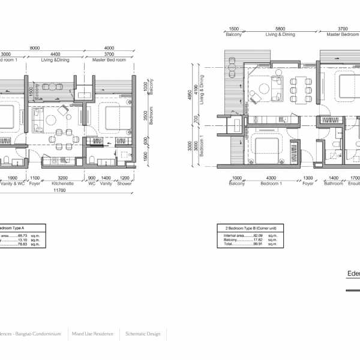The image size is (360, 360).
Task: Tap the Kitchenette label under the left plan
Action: pyautogui.click(x=62, y=184)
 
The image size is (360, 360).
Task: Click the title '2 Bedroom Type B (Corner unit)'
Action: pyautogui.click(x=247, y=229)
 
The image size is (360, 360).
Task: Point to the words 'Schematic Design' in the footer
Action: pyautogui.click(x=143, y=334)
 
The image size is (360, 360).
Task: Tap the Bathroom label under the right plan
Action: pyautogui.click(x=333, y=184)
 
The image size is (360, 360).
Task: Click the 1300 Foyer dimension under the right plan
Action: pyautogui.click(x=308, y=178)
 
